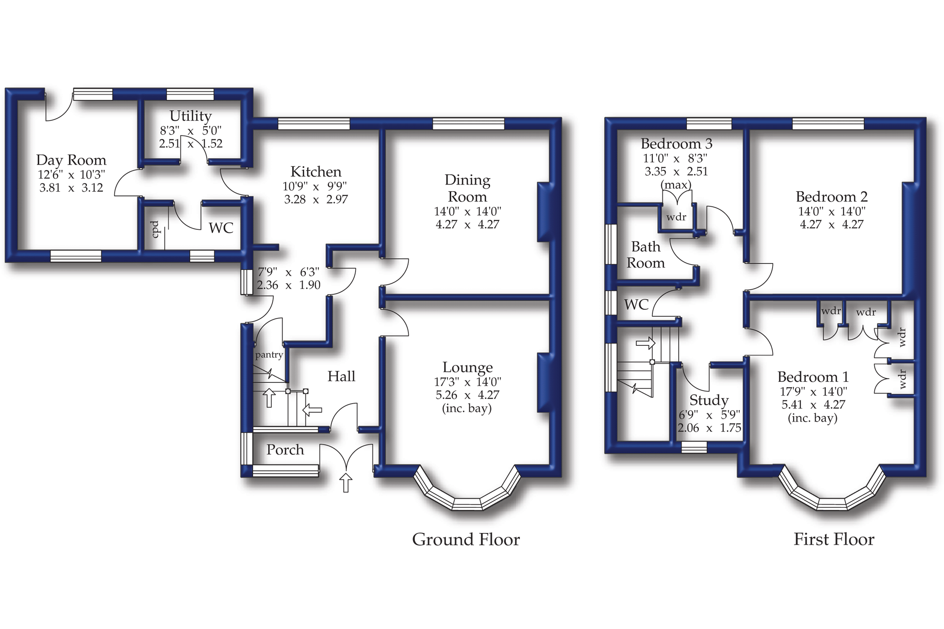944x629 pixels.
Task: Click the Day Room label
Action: coord(71,160)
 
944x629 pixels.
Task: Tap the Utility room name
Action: coord(190,116)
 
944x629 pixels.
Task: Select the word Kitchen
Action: coord(316,171)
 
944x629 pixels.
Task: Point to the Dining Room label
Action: coord(468,188)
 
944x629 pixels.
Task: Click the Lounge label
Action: coord(468,368)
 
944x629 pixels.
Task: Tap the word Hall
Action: coord(341,376)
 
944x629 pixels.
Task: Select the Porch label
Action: coord(285,450)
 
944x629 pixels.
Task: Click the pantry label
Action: coord(269,355)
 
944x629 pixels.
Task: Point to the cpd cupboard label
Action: coord(155,229)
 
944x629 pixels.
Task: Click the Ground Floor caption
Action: coord(466,539)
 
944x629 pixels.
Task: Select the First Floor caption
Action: coord(834,539)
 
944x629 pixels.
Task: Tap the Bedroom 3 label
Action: coord(676,144)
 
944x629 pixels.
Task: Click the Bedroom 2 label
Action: coord(832,197)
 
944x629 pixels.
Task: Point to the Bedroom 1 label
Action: coord(813,377)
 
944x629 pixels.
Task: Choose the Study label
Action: coord(709,400)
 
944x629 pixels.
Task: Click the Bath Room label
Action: coord(646,255)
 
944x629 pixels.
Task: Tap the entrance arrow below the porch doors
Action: coord(346,483)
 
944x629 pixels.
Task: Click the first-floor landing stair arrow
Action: coord(646,343)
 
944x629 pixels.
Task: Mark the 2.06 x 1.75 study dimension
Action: coord(709,428)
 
